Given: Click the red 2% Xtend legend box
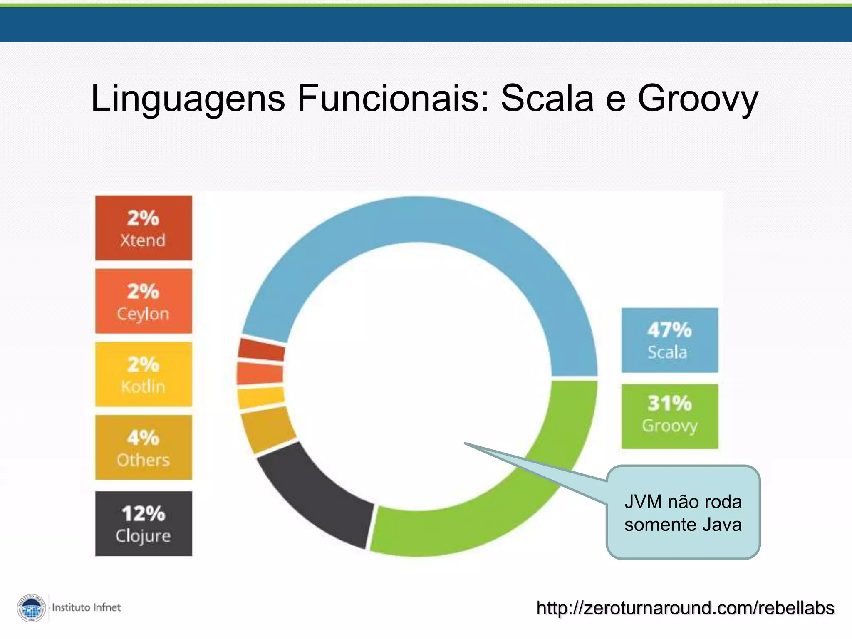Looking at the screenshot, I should tap(144, 228).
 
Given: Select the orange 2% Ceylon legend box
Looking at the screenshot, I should tap(144, 301).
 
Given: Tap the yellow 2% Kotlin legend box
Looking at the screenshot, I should tap(144, 374).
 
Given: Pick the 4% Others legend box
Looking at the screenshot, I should tap(144, 448).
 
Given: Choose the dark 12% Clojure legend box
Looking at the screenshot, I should tap(144, 524).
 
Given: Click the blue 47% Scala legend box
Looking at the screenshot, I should tap(670, 340).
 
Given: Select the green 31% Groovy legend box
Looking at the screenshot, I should tap(670, 416).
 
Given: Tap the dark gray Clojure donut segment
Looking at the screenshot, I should tap(312, 491).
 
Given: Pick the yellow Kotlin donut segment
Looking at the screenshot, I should tap(261, 398).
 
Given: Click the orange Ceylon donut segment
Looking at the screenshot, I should tap(260, 373).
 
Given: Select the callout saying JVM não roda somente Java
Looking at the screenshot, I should tap(683, 513).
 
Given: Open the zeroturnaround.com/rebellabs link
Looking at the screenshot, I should tap(685, 608).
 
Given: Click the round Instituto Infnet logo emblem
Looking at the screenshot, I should tap(32, 608).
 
